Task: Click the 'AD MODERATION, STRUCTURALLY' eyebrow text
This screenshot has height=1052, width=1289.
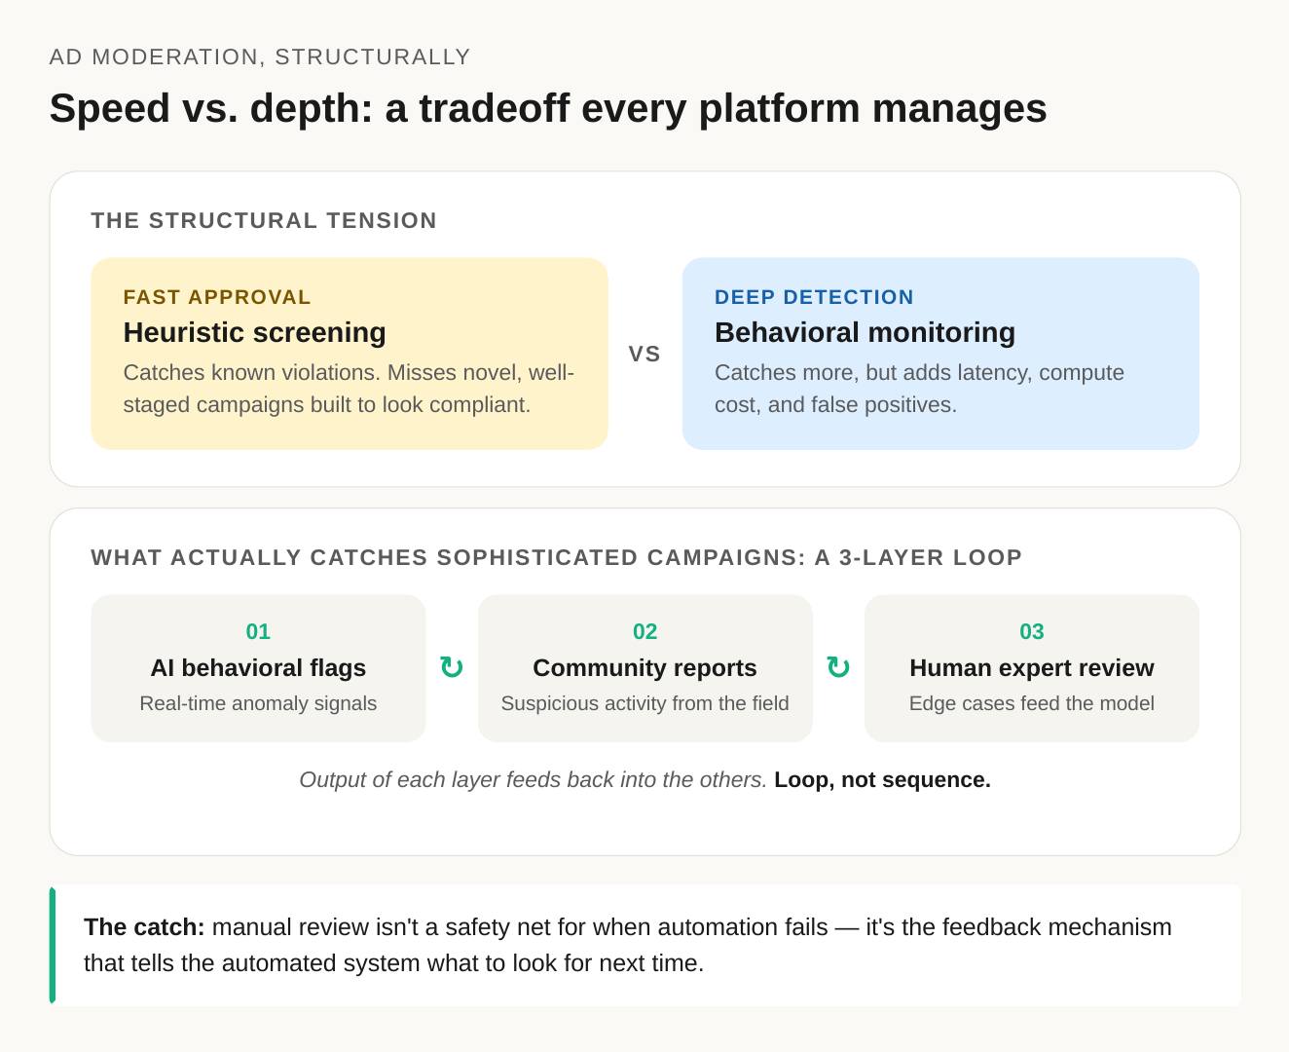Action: click(260, 56)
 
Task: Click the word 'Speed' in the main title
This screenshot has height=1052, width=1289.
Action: click(109, 109)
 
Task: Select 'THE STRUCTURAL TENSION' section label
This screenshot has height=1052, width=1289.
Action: click(264, 221)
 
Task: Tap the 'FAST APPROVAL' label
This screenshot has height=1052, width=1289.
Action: click(217, 297)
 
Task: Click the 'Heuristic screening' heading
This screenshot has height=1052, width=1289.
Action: click(254, 333)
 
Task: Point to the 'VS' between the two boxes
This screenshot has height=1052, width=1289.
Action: click(644, 355)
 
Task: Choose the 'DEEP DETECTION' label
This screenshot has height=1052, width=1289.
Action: click(814, 297)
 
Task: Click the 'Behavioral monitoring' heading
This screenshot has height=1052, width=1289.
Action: click(865, 333)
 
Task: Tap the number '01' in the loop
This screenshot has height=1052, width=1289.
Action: click(258, 632)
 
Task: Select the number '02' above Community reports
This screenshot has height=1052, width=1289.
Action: click(644, 632)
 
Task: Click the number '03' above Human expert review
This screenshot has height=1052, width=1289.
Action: click(1032, 632)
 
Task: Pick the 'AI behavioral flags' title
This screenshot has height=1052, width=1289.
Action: click(258, 668)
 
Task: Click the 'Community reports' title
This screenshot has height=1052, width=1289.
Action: click(644, 668)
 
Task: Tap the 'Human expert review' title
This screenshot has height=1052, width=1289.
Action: click(1032, 668)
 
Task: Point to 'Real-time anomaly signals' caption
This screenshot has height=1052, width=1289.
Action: click(258, 703)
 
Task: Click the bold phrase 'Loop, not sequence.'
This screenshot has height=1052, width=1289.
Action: click(883, 780)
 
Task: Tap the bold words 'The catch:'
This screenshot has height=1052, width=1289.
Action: click(144, 927)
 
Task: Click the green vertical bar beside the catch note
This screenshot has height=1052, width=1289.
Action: click(53, 945)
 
